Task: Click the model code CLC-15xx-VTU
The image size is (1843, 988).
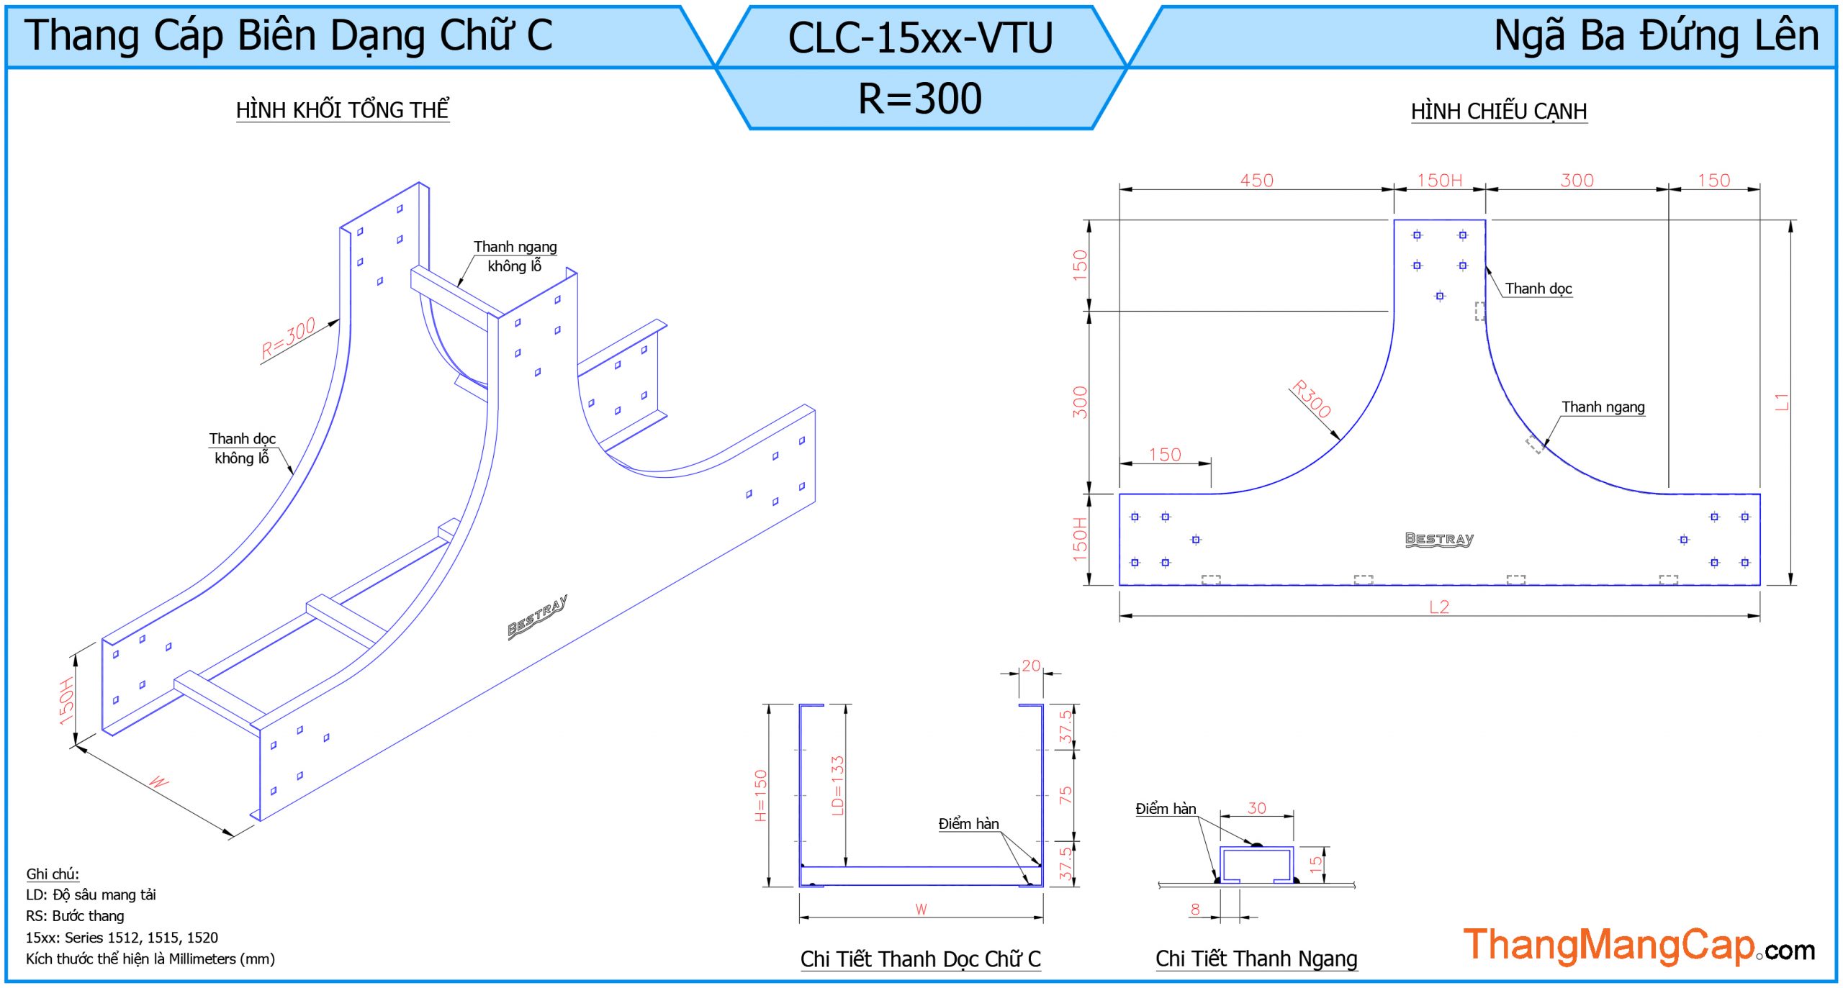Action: click(920, 37)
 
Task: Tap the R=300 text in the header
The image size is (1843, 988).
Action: click(920, 98)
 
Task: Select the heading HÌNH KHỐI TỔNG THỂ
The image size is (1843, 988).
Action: click(343, 110)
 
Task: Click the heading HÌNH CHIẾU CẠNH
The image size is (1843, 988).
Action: click(1499, 112)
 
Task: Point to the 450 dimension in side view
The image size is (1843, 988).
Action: click(1256, 180)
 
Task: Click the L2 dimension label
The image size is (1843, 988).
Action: click(1439, 607)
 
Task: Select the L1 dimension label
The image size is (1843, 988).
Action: click(1782, 402)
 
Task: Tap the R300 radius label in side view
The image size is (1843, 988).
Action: click(1311, 398)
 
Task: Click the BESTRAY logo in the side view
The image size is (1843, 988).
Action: click(1439, 539)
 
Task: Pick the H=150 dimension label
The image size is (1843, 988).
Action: click(761, 795)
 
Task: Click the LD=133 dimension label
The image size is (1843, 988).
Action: click(837, 785)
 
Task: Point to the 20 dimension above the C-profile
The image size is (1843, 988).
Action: click(1031, 666)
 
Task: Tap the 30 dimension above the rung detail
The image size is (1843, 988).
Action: click(1257, 808)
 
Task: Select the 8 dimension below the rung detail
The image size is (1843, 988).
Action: click(1195, 909)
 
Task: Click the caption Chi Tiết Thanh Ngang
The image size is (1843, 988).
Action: click(1256, 958)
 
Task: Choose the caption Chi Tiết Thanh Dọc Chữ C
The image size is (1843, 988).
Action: click(921, 959)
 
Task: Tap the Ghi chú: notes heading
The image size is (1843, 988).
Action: click(53, 874)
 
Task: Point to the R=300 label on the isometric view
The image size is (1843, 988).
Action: click(288, 337)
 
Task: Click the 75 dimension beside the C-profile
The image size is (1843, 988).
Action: click(1065, 794)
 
